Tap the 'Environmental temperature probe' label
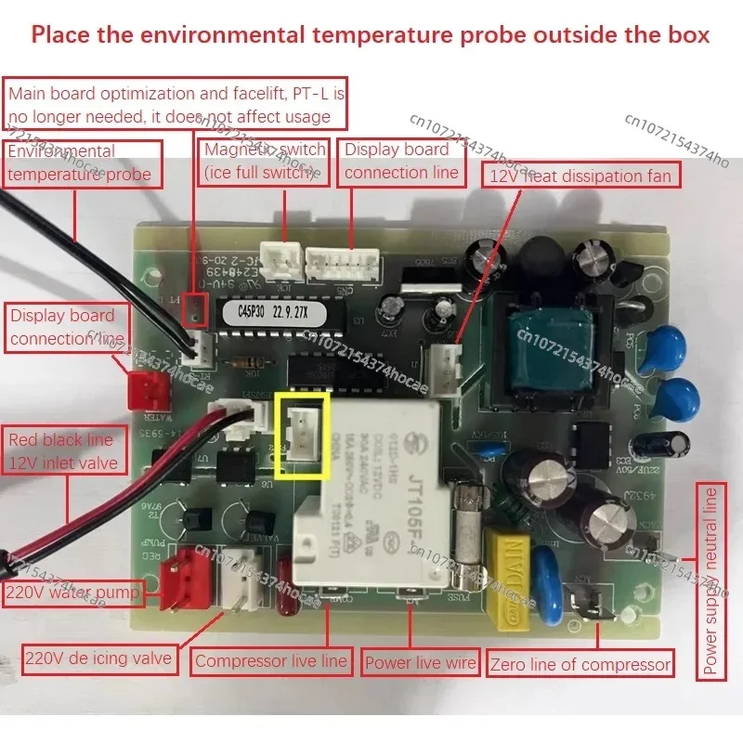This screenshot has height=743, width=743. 83,162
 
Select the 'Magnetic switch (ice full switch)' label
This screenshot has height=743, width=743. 264,161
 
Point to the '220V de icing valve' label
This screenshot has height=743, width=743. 98,658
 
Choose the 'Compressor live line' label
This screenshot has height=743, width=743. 271,661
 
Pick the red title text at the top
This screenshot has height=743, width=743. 371,35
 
